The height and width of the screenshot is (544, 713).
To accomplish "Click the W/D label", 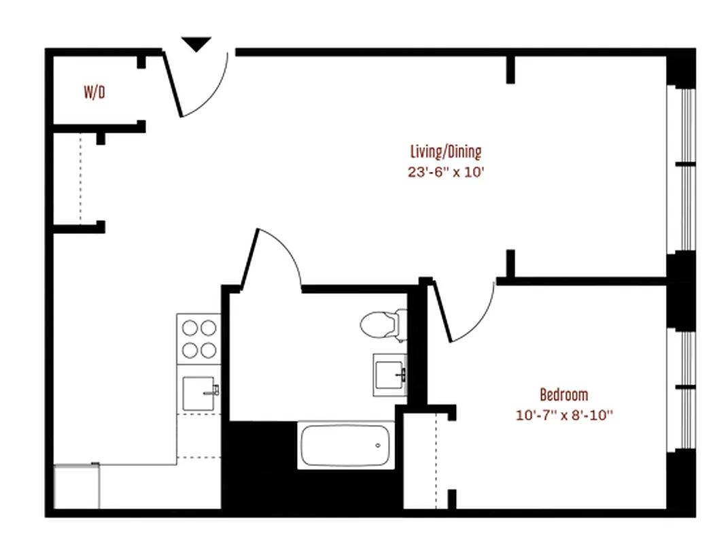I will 94,92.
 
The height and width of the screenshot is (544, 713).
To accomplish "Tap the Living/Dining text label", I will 445,151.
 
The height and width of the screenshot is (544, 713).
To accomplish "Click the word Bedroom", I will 563,394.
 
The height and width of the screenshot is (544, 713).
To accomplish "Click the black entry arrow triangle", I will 196,45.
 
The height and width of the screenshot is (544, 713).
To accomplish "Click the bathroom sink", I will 389,373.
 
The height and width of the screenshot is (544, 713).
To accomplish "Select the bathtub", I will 346,445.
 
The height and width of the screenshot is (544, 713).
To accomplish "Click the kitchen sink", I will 200,393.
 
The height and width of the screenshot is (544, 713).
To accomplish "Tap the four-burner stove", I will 198,339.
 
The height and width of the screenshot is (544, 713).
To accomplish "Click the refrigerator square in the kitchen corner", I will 76,486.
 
